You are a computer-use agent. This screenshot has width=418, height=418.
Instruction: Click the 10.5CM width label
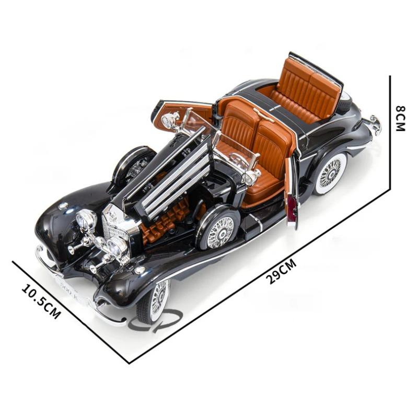[x=41, y=301]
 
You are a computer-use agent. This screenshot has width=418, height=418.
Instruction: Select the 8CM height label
[x=400, y=118]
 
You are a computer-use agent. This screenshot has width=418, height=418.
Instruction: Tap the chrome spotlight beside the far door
[x=170, y=120]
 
